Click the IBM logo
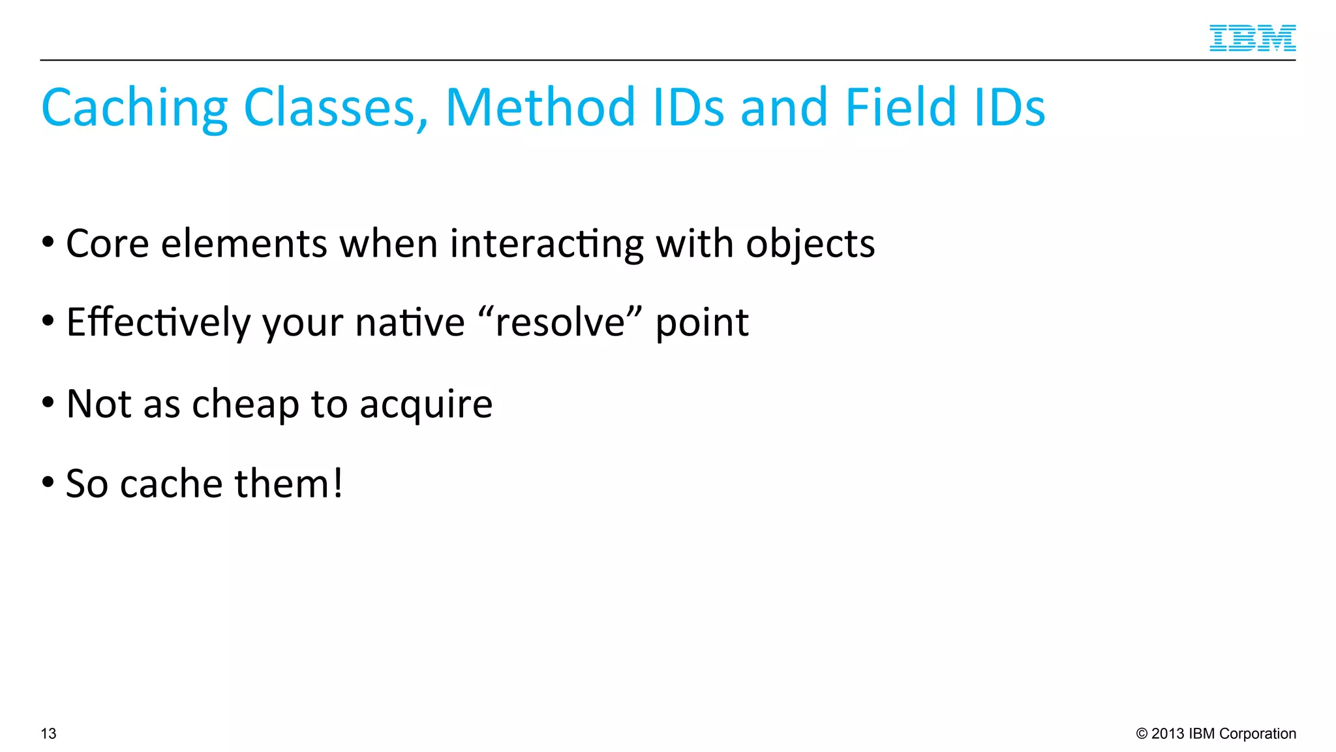[x=1252, y=38]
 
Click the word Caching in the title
[x=134, y=108]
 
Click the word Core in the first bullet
[x=108, y=244]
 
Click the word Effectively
[x=159, y=323]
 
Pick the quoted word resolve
[x=560, y=322]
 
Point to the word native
[x=410, y=323]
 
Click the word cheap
[x=245, y=405]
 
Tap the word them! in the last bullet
[x=288, y=484]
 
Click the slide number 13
[x=49, y=734]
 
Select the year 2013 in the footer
[x=1168, y=734]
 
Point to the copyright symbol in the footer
[x=1142, y=734]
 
